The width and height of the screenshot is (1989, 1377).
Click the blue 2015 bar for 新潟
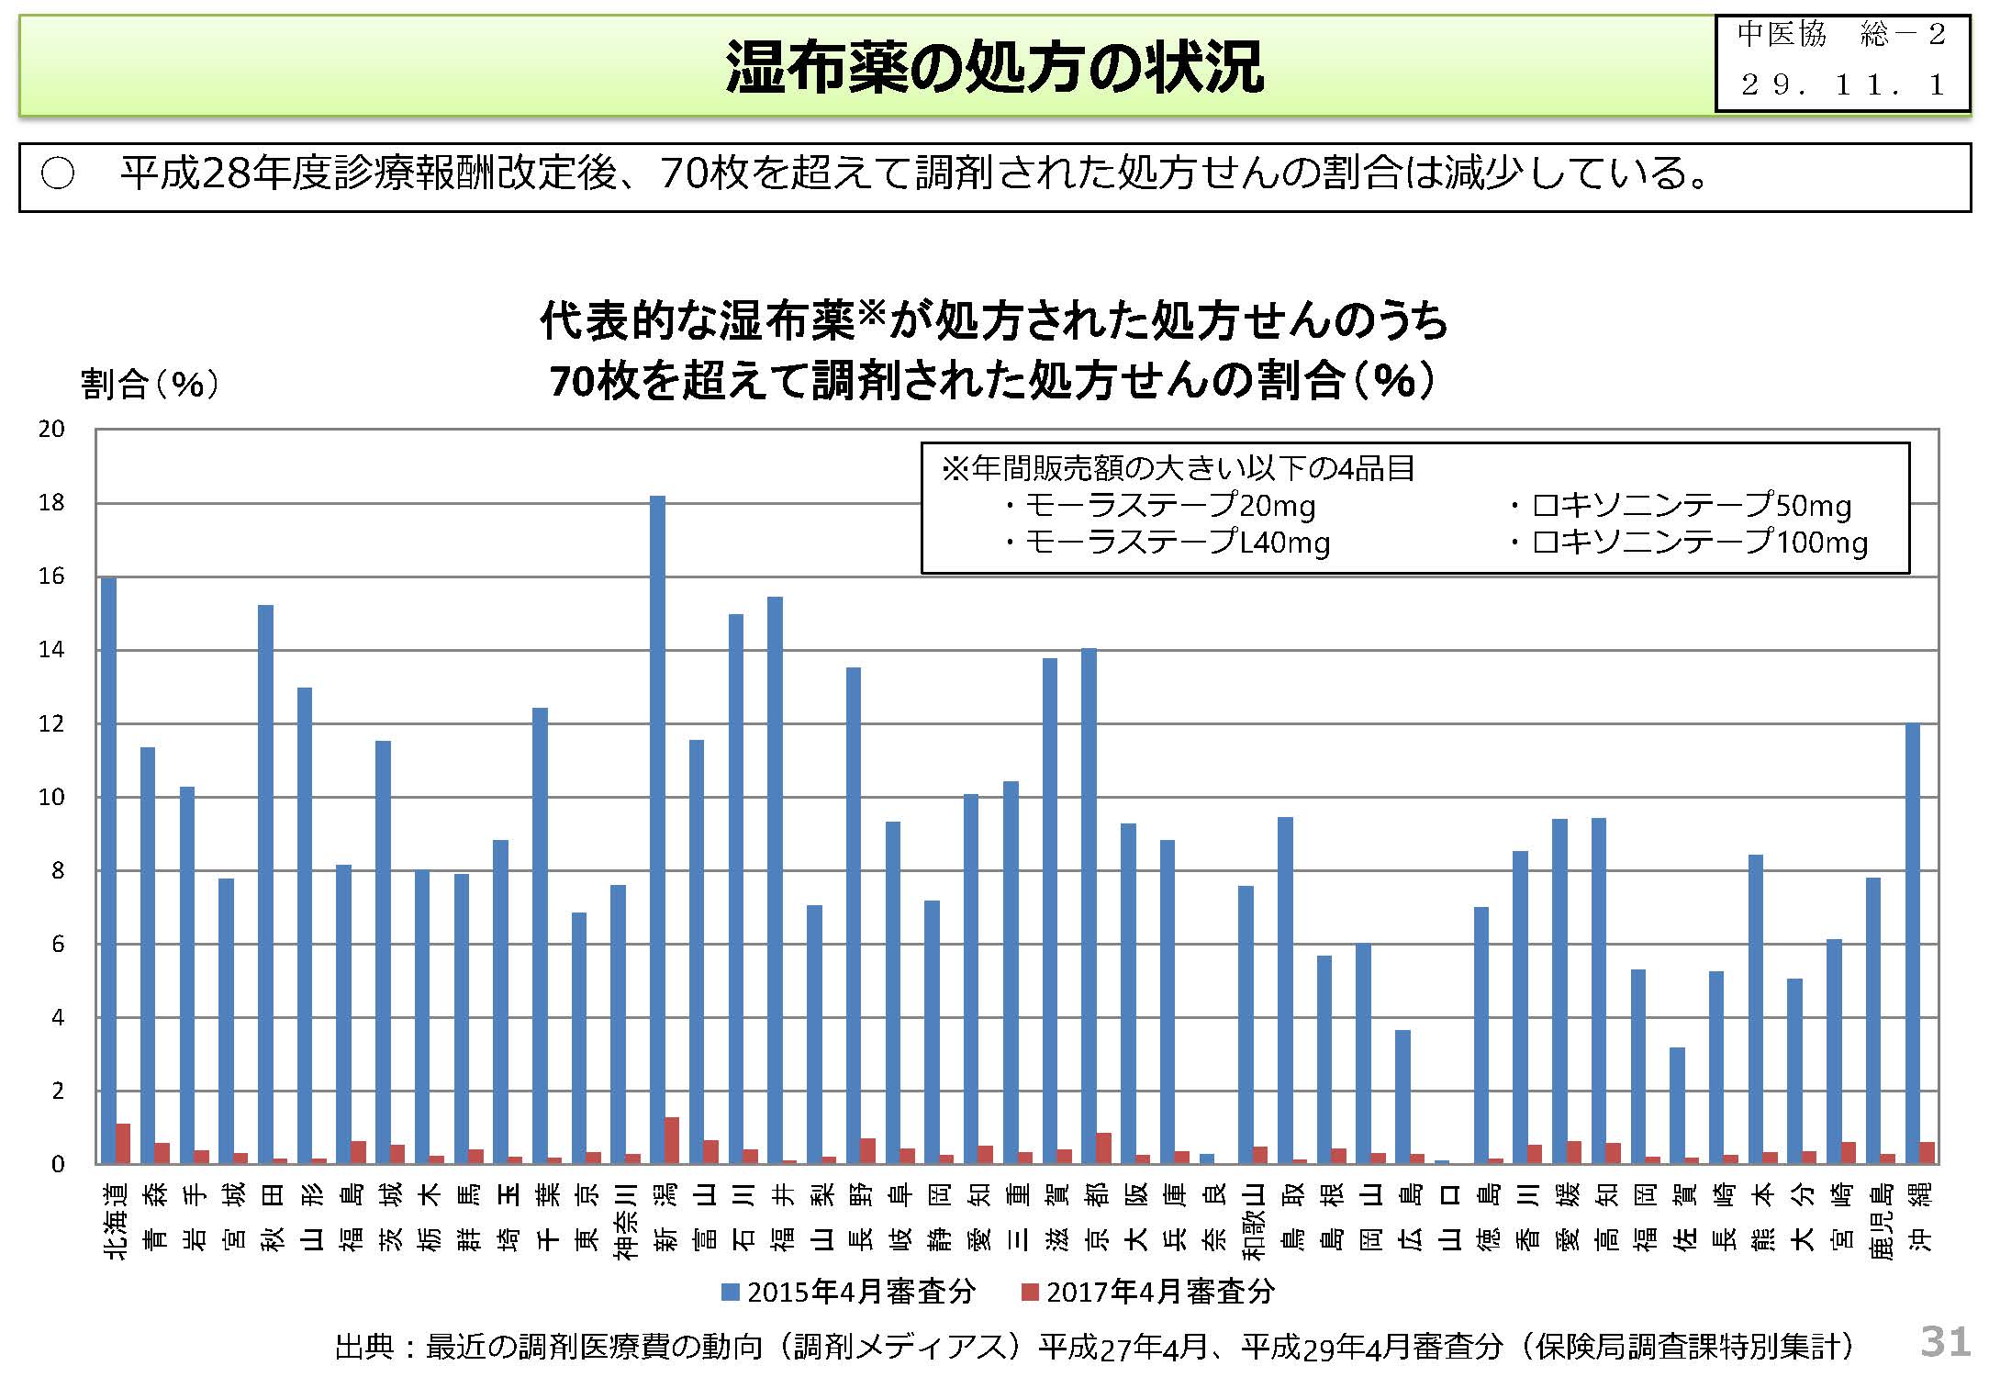point(657,830)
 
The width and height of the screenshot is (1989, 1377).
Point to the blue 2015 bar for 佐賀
point(1677,1105)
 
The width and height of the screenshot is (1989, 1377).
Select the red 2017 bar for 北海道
point(123,1144)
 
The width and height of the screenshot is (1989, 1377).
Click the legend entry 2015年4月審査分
point(849,1293)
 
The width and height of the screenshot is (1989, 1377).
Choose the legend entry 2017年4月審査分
point(1148,1293)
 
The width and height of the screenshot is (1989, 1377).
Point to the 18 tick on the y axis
point(51,503)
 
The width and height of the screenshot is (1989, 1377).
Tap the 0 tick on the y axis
point(58,1165)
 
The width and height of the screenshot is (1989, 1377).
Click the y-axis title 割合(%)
point(150,384)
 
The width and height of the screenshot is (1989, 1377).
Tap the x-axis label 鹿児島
point(1873,1222)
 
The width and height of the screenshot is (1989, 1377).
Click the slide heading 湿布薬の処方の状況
point(994,67)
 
